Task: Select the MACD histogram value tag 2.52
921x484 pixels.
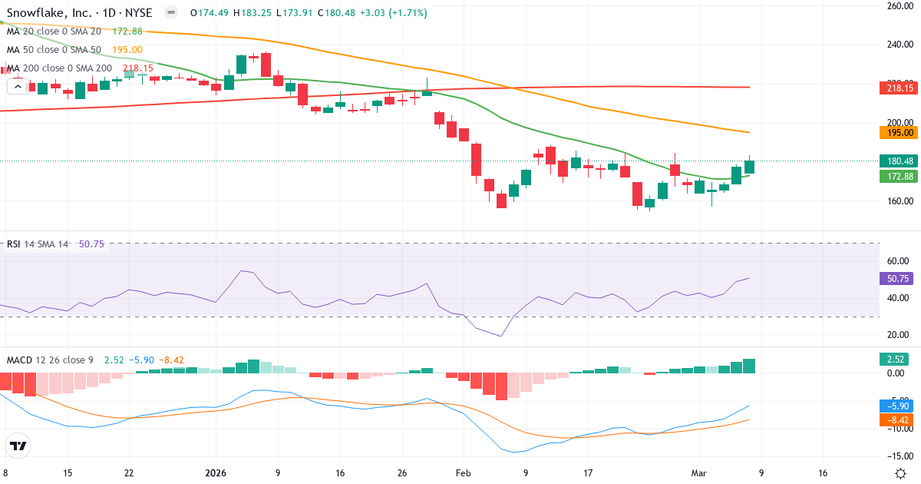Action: tap(895, 359)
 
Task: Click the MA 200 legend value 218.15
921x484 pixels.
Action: tap(138, 68)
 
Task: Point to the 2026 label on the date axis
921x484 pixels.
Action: tap(216, 473)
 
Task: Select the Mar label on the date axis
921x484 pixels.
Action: tap(698, 473)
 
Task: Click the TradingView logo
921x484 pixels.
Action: tap(18, 446)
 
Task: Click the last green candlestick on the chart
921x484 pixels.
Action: tap(750, 167)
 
